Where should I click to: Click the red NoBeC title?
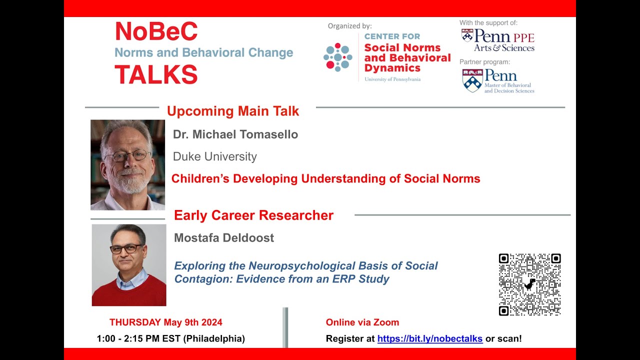pos(156,32)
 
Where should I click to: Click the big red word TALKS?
pos(156,75)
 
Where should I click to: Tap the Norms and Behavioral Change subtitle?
pos(203,53)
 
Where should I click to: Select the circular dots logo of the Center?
pos(338,57)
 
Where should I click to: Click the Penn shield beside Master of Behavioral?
pos(472,80)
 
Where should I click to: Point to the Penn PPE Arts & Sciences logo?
pos(497,40)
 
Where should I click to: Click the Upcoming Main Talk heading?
pos(232,111)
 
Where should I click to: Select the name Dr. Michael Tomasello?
pos(235,134)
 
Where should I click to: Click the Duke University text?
pos(214,156)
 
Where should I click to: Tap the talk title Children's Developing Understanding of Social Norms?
pos(325,179)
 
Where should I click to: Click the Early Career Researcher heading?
pos(253,215)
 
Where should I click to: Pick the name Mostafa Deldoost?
pos(223,238)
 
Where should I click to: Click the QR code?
pos(529,284)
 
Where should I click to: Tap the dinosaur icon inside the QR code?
pos(529,285)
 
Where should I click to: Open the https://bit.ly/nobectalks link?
pos(429,339)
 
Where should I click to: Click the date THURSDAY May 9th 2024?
pos(166,322)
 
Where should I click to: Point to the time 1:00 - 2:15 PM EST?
pos(170,339)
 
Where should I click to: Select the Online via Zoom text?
pos(362,322)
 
